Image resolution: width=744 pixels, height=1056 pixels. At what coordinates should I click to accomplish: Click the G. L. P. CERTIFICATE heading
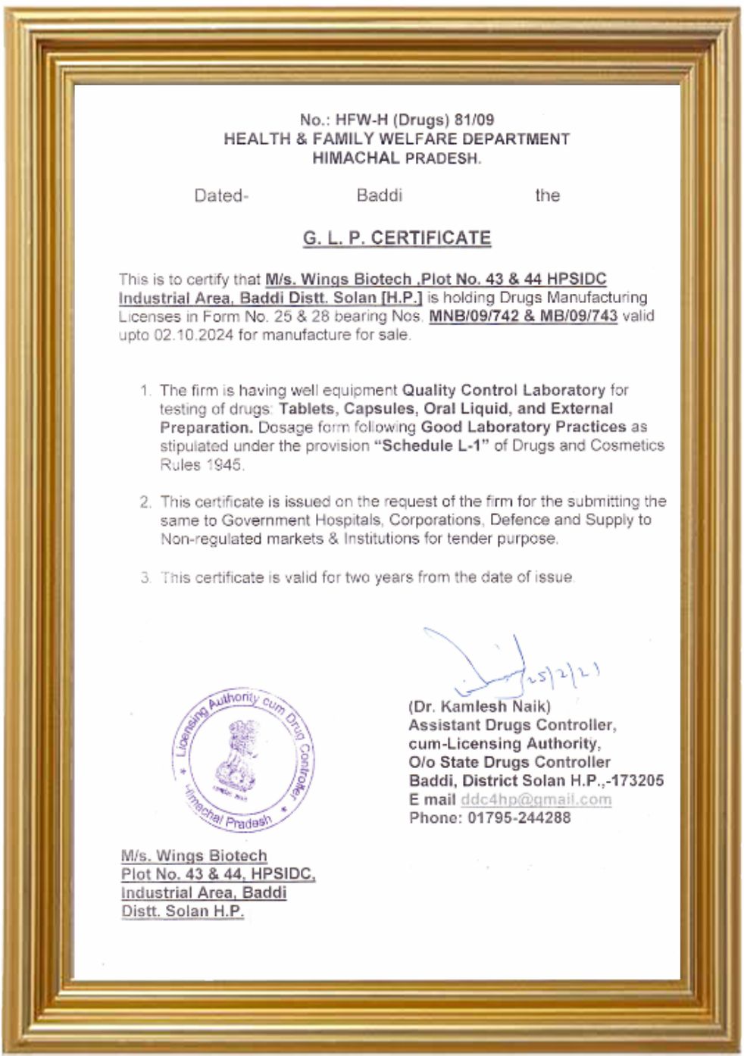[397, 238]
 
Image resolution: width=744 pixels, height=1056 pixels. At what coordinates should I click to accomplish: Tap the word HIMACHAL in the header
[355, 158]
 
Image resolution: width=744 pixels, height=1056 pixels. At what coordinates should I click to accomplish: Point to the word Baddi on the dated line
[379, 195]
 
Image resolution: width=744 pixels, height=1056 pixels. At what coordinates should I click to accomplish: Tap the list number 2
[145, 501]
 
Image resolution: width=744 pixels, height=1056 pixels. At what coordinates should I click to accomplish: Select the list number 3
[145, 577]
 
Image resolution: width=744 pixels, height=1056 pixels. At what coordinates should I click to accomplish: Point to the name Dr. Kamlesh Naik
[480, 707]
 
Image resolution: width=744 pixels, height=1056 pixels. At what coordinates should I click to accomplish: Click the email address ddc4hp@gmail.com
[536, 799]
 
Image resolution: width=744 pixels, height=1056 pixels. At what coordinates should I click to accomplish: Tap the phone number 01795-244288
[519, 817]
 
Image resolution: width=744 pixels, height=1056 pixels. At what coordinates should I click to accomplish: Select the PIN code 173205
[637, 780]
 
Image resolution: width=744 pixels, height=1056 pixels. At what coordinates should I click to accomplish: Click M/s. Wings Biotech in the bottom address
[194, 855]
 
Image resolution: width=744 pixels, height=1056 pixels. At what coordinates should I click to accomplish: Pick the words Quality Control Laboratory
[503, 390]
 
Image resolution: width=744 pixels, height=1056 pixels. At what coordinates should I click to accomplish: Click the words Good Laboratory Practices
[524, 427]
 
